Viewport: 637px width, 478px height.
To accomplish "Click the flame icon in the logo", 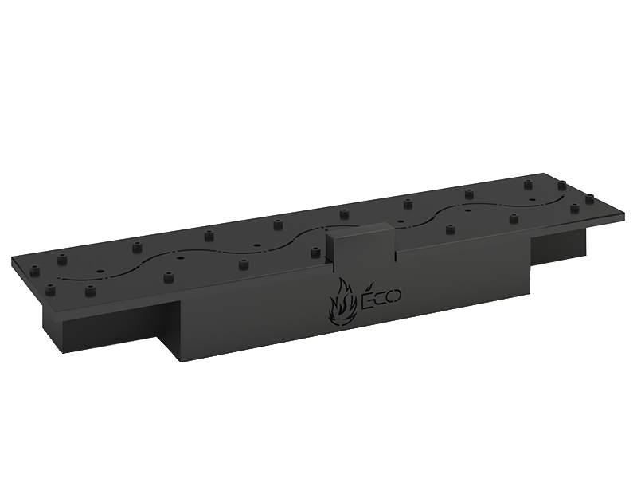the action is tap(342, 303).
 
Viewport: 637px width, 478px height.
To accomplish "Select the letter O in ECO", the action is tap(393, 296).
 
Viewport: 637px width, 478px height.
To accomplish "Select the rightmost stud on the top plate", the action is tap(589, 198).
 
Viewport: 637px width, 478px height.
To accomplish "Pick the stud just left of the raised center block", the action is tap(315, 253).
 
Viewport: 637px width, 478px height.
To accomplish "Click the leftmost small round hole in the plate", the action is tap(100, 270).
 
